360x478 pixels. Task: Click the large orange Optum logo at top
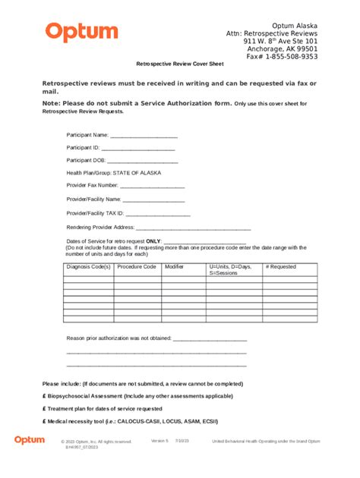(81, 33)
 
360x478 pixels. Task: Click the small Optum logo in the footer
(29, 440)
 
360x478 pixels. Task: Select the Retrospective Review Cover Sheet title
(180, 65)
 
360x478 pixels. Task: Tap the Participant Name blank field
(144, 135)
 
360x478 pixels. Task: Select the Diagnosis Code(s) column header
(88, 267)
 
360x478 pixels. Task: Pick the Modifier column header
(175, 267)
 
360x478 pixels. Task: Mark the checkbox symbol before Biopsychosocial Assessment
(45, 397)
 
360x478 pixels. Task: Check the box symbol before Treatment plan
(45, 409)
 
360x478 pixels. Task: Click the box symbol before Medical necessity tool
(45, 421)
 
